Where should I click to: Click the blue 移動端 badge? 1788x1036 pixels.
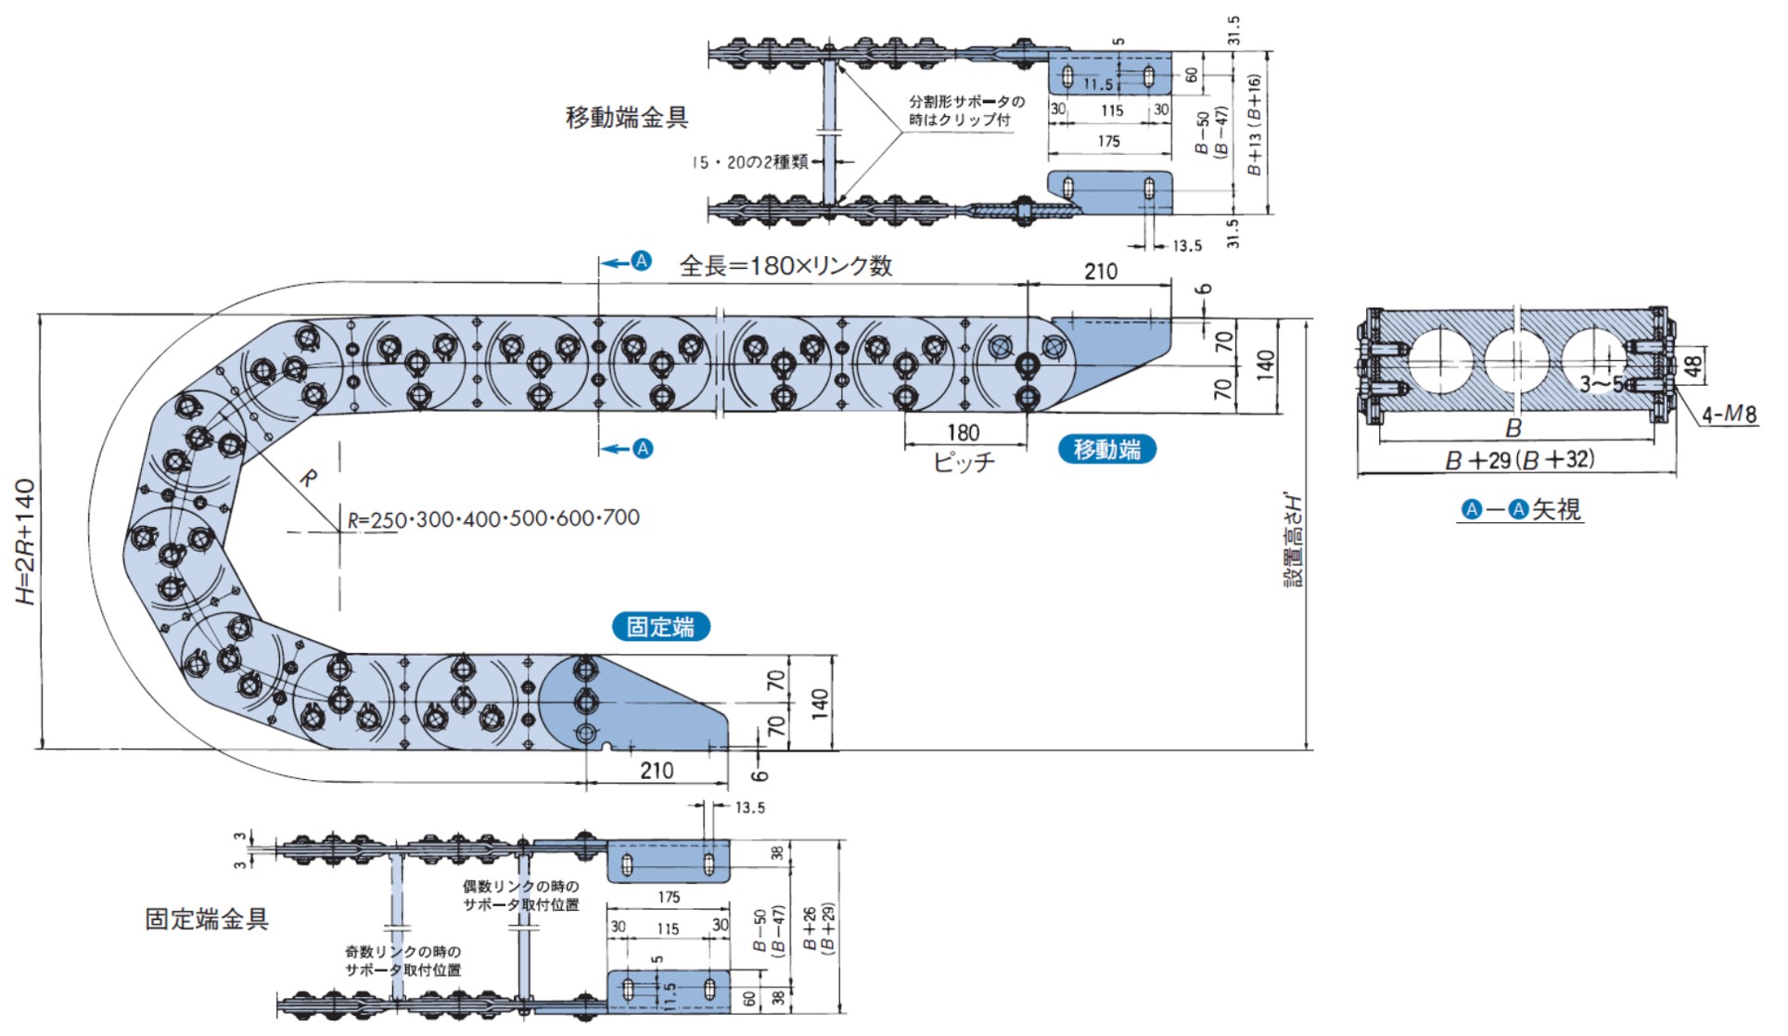click(1106, 449)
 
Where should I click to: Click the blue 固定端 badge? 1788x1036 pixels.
click(660, 626)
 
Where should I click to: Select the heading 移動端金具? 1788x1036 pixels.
click(627, 118)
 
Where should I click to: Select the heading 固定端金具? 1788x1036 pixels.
click(206, 918)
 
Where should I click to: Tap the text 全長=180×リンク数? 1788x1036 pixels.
click(785, 266)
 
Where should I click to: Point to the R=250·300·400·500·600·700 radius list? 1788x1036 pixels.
click(493, 518)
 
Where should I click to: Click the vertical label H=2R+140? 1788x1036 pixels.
click(25, 541)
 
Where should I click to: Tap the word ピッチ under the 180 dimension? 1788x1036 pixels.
click(964, 461)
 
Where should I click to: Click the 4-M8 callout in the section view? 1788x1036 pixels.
click(1729, 415)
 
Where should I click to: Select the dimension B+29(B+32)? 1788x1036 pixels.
click(1520, 459)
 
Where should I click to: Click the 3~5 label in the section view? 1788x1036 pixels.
click(1602, 384)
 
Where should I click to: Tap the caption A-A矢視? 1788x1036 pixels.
click(1521, 509)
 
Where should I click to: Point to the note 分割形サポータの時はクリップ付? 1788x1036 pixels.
click(965, 110)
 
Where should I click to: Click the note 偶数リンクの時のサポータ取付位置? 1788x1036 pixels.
click(520, 895)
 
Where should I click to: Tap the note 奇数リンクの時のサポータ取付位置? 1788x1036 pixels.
click(402, 960)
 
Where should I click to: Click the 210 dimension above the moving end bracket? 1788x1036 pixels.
click(1100, 271)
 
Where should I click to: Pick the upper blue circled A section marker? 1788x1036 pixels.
click(641, 262)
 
